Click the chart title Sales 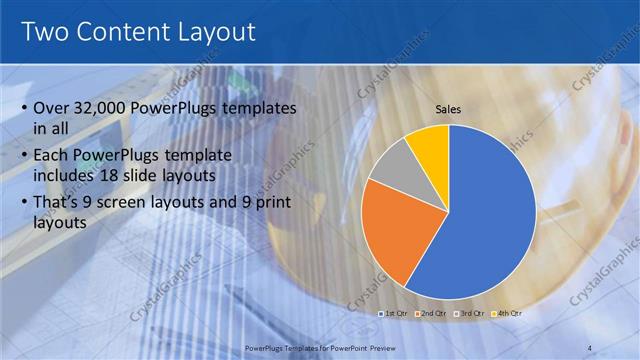pyautogui.click(x=449, y=112)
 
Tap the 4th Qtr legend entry pyautogui.click(x=506, y=313)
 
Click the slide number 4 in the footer pyautogui.click(x=590, y=347)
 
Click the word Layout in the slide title pyautogui.click(x=217, y=32)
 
